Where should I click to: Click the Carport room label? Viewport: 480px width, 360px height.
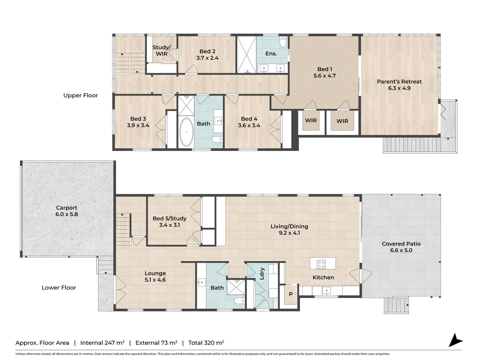point(67,208)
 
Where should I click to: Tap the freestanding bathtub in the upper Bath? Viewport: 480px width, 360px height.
point(186,132)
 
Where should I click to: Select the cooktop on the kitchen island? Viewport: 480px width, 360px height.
point(321,264)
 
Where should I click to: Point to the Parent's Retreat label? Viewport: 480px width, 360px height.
point(399,82)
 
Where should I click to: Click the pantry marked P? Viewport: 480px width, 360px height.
point(291,294)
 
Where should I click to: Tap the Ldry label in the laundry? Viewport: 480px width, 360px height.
point(262,273)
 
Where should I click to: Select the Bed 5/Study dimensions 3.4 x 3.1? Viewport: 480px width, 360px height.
point(169,225)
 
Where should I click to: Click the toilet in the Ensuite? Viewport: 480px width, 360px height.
point(283,42)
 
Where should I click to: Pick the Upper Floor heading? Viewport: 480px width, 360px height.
point(81,95)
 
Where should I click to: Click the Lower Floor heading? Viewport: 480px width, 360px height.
point(59,288)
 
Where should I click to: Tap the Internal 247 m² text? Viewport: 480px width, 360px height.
point(102,343)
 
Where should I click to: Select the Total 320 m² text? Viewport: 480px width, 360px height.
point(206,343)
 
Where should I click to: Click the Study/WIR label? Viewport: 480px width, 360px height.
point(162,50)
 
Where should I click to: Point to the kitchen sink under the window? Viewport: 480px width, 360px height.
point(327,290)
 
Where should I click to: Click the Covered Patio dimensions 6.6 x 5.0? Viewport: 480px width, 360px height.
point(401,250)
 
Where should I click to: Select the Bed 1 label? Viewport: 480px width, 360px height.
point(324,69)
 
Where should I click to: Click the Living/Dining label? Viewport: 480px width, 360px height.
point(289,226)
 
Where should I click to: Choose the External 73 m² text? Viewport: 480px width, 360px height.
point(156,343)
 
